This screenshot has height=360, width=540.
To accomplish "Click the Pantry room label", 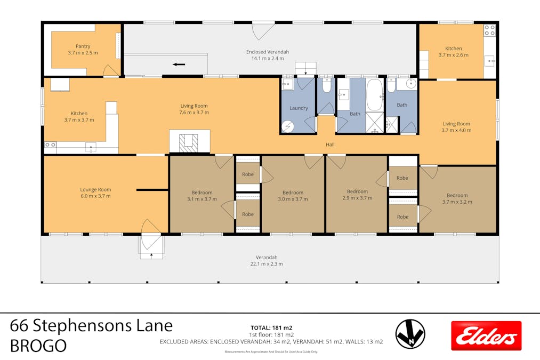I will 83,46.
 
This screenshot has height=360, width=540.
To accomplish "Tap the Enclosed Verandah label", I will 267,52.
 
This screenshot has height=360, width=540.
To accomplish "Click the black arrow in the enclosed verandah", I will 179,65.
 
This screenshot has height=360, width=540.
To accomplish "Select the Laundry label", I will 299,108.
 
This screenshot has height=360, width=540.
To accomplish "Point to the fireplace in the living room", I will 189,142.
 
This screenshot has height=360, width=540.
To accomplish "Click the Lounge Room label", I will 95,189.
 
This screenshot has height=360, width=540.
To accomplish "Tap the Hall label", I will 330,145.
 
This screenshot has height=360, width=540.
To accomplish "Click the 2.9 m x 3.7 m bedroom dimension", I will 357,198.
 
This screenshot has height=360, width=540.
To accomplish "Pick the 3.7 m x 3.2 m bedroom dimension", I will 457,202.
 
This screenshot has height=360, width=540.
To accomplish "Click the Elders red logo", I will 486,335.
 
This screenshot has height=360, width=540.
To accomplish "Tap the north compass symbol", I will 410,334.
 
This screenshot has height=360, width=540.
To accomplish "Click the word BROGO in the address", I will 38,346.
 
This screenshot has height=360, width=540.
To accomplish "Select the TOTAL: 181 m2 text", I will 271,327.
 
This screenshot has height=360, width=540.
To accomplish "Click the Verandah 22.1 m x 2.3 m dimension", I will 267,263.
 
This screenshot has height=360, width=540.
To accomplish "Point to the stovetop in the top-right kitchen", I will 489,30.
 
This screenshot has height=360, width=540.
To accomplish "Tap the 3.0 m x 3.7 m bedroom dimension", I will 293,199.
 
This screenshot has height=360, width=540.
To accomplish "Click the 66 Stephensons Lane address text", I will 92,325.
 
